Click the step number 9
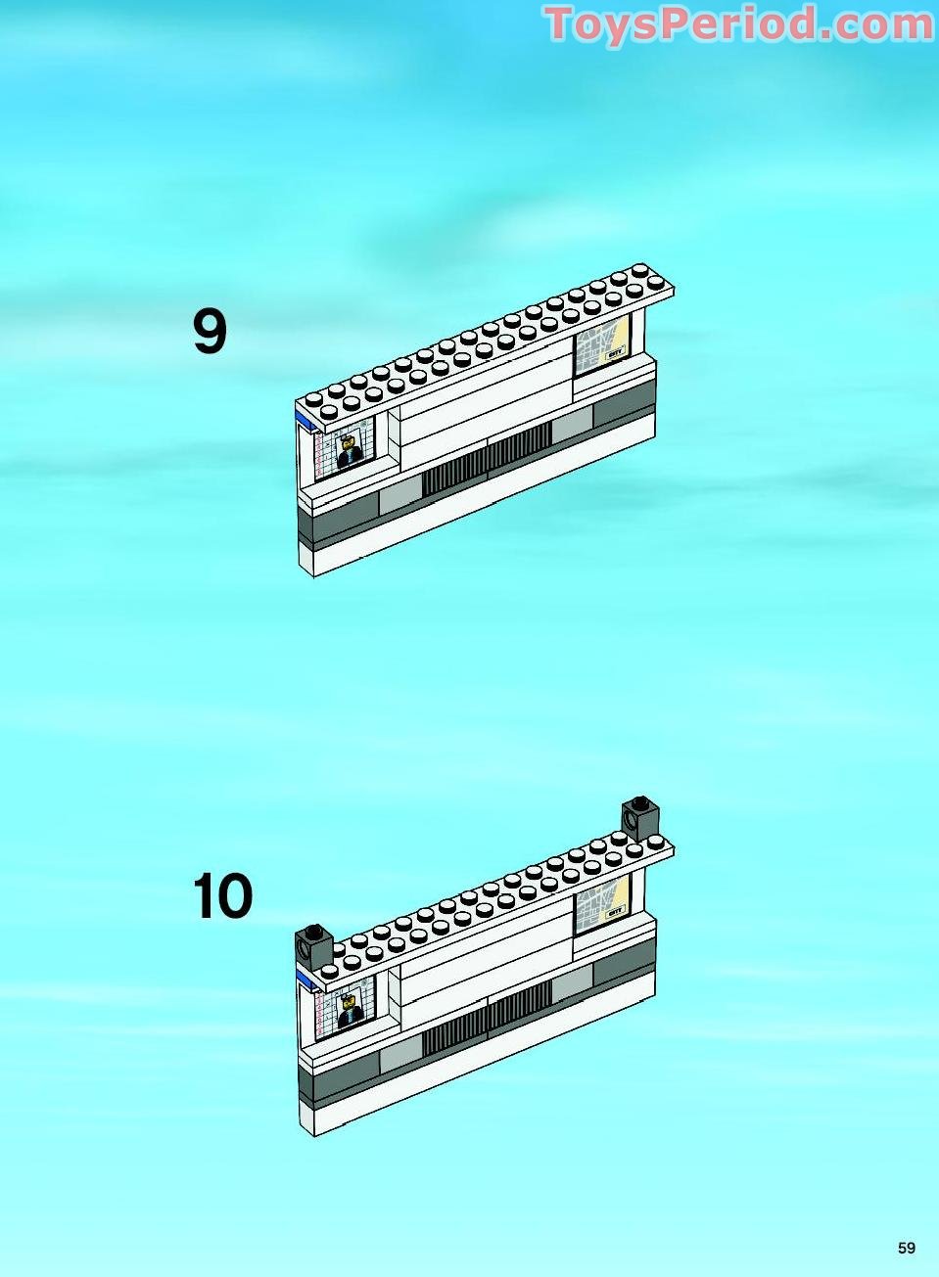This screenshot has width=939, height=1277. pos(210,332)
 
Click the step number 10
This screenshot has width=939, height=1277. pos(223,896)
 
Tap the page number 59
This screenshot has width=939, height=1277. pos(906,1248)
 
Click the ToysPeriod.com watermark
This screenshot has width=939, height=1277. pos(738,24)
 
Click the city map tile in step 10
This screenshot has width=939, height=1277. pos(601,906)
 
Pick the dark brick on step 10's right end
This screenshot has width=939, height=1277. pos(640,816)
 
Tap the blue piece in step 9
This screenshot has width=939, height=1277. pos(306,420)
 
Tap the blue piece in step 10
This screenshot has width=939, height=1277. pos(306,980)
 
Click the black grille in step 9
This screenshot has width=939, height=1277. pos(487,461)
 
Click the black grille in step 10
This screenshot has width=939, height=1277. pos(487,1020)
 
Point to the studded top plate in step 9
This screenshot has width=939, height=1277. pos(490,342)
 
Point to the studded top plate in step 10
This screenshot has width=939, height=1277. pos(490,901)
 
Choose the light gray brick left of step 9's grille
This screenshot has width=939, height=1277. pos(399,494)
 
